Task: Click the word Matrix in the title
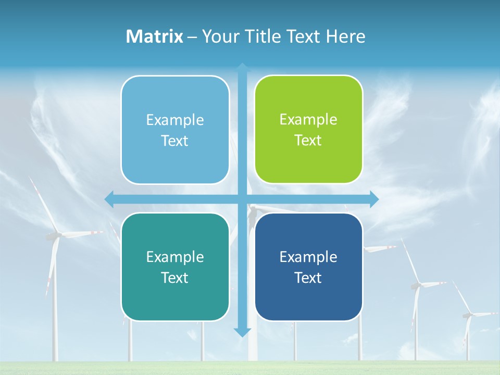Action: [154, 36]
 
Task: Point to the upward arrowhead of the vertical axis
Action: [242, 67]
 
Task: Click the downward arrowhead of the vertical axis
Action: [242, 332]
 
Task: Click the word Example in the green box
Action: [308, 120]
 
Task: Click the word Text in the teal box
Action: [174, 278]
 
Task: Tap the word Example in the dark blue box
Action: [308, 257]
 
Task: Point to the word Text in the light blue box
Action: [174, 141]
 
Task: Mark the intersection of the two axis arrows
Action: [242, 199]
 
